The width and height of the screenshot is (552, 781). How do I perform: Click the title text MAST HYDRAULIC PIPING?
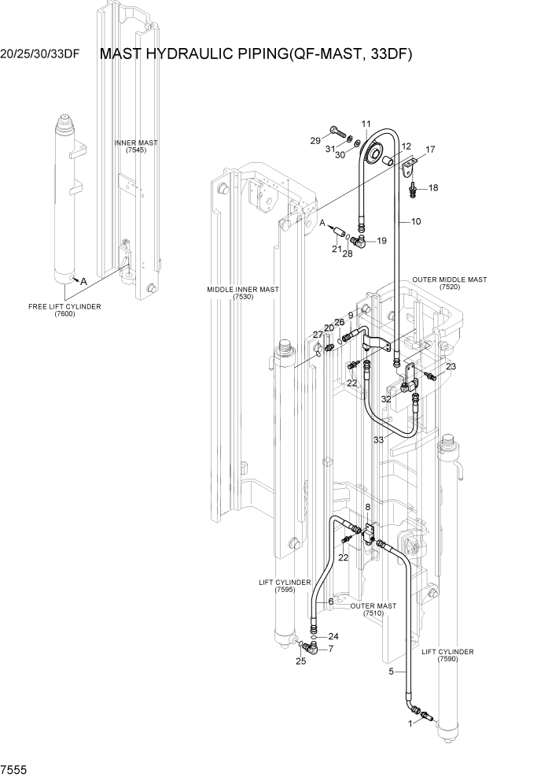pos(256,54)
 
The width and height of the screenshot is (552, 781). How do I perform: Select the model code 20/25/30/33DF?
pos(41,55)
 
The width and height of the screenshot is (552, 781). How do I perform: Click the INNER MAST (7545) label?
pos(136,147)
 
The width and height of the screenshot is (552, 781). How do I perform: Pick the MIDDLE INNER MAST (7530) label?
pos(243,293)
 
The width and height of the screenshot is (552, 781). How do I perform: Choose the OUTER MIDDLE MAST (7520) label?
pos(449,283)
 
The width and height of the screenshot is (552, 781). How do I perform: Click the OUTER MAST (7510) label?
pos(374,610)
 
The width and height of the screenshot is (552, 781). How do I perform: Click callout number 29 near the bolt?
pos(315,140)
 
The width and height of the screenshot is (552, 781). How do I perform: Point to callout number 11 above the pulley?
pos(366,124)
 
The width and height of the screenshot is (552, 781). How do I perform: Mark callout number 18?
pos(433,188)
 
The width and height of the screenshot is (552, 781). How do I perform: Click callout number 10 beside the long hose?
pos(415,222)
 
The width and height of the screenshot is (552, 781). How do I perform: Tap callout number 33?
pos(378,439)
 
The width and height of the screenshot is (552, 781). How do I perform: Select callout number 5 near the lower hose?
pos(391,672)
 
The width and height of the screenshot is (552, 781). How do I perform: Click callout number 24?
pos(333,636)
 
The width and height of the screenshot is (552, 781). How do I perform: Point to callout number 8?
pos(366,507)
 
